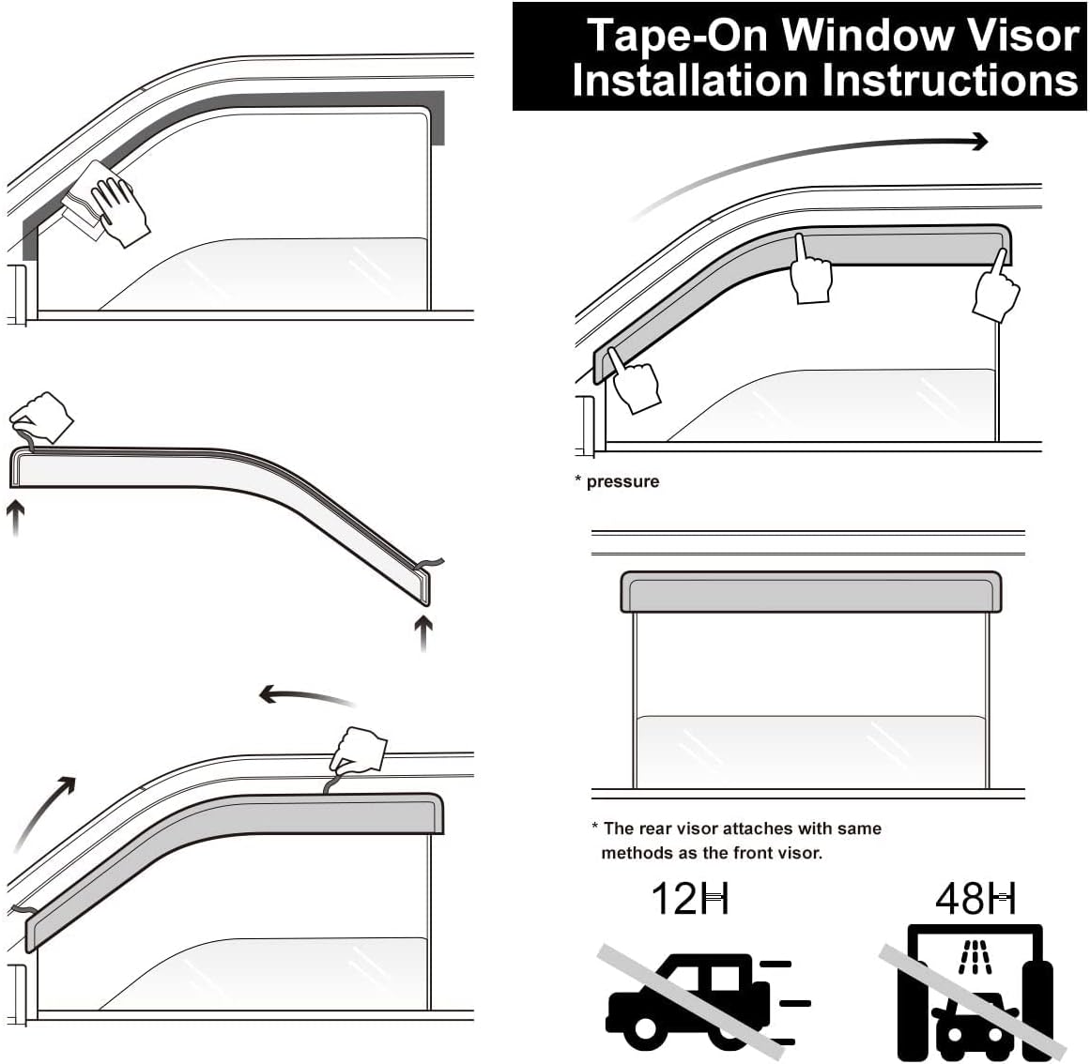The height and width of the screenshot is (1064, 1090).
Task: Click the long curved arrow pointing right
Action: tap(817, 160)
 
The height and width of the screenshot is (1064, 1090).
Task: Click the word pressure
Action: tap(622, 482)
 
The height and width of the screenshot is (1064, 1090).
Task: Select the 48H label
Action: tap(975, 899)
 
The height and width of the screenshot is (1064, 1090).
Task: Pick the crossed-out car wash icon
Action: tap(971, 995)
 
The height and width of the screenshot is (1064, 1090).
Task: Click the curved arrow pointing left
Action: tap(305, 696)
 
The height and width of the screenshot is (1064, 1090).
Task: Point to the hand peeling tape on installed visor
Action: tap(360, 752)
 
